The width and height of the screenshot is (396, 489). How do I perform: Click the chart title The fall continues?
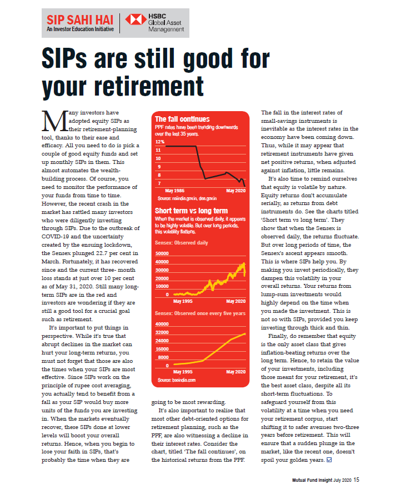coord(182,119)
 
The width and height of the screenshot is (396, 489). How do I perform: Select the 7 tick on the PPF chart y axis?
coord(159,183)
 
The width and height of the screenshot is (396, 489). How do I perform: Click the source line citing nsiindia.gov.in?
coord(187,198)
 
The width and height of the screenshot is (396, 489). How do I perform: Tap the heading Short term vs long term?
coord(191,211)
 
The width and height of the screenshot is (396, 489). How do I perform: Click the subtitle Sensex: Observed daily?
coord(182,243)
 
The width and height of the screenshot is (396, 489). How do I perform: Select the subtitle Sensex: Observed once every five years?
coord(200,313)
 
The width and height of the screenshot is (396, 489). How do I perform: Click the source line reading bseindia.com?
coord(176,380)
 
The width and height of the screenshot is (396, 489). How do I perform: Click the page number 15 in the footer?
coord(357,480)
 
